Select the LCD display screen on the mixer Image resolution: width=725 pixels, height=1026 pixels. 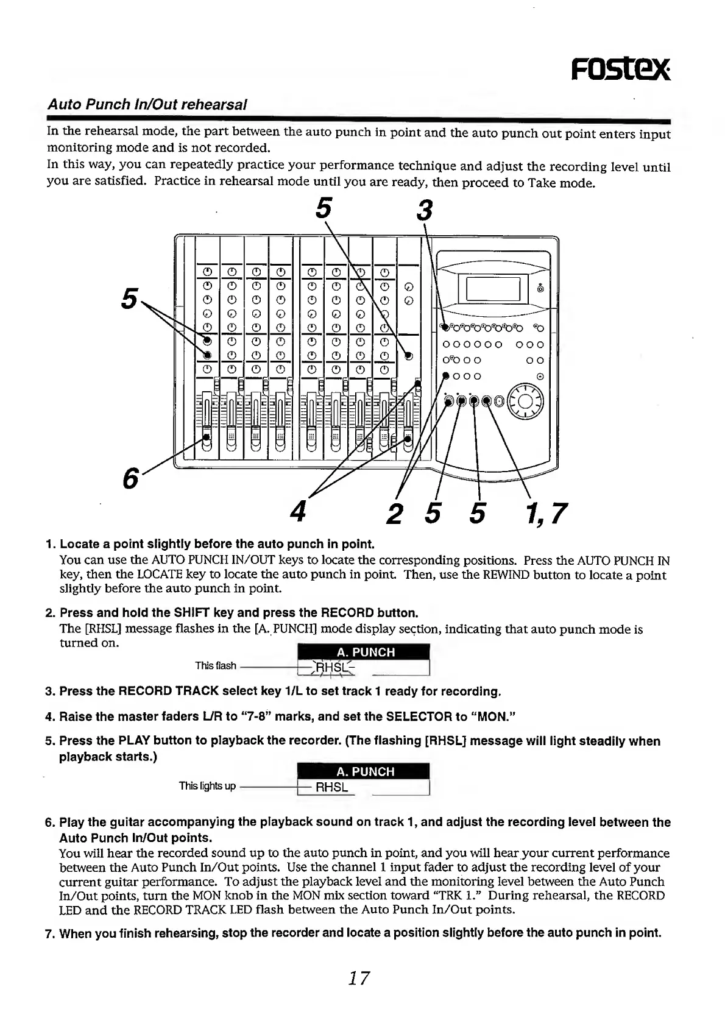tap(492, 289)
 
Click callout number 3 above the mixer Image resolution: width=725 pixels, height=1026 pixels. tap(425, 211)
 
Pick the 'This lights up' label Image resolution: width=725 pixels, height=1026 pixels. tap(207, 786)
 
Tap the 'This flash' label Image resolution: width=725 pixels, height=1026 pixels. tap(215, 665)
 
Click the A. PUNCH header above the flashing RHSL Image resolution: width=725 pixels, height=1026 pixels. tap(365, 652)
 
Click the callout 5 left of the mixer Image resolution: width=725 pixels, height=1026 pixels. tap(129, 297)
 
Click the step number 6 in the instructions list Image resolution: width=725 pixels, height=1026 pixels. tap(51, 822)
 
